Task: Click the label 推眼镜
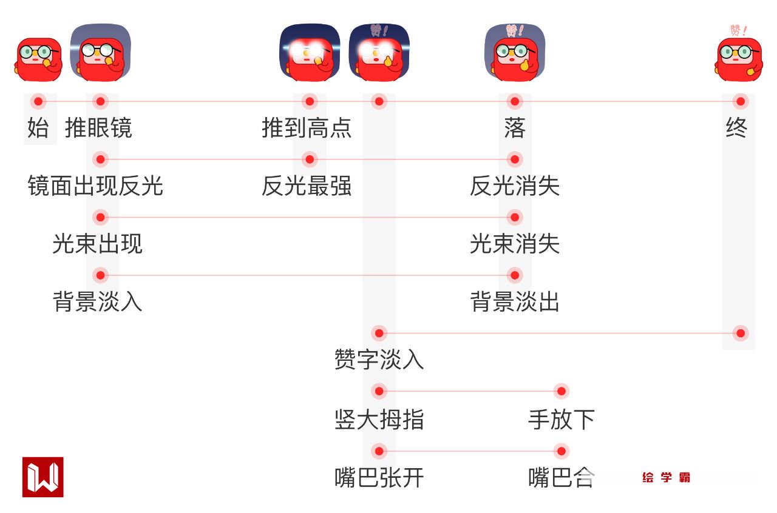[x=98, y=128]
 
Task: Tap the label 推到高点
[x=307, y=128]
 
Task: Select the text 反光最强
[x=307, y=186]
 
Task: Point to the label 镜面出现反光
[x=95, y=186]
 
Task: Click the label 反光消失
[x=515, y=186]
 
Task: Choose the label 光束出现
[x=97, y=244]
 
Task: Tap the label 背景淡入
[x=97, y=301]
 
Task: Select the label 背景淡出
[x=515, y=301]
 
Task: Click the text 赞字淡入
[x=379, y=360]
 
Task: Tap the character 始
[x=38, y=128]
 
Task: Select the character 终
[x=736, y=128]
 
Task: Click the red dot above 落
[x=515, y=101]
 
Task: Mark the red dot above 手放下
[x=562, y=391]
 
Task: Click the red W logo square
[x=43, y=477]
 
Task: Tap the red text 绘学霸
[x=666, y=478]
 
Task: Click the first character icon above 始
[x=38, y=59]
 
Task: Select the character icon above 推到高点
[x=310, y=53]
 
